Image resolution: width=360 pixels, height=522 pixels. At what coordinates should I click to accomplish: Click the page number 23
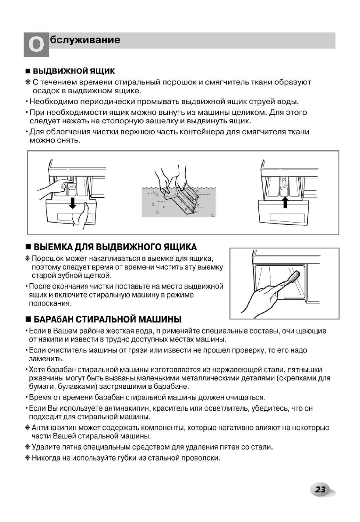(x=321, y=490)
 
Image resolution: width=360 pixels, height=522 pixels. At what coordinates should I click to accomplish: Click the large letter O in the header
(x=36, y=45)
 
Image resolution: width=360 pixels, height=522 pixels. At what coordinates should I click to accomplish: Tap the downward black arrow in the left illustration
(x=72, y=201)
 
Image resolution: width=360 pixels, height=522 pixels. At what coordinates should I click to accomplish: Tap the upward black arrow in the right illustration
(x=285, y=201)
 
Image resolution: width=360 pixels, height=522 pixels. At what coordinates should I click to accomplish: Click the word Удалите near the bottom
(x=46, y=447)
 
